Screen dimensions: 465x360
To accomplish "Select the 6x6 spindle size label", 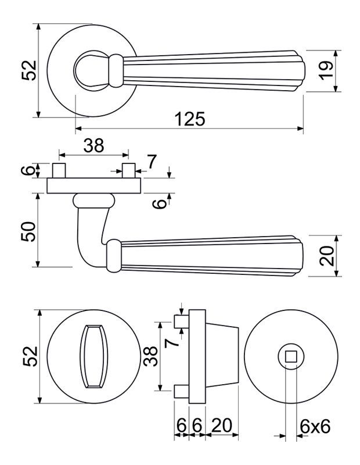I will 315,427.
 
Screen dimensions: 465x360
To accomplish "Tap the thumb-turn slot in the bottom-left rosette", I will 93,357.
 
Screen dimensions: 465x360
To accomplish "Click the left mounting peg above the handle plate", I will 58,172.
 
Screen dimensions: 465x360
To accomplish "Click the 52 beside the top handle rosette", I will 30,70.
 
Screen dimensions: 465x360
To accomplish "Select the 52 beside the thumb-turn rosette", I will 30,356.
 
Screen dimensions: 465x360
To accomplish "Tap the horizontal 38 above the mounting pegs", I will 93,146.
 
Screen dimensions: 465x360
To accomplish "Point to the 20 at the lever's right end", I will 327,254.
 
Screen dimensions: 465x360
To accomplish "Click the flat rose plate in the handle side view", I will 94,186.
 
